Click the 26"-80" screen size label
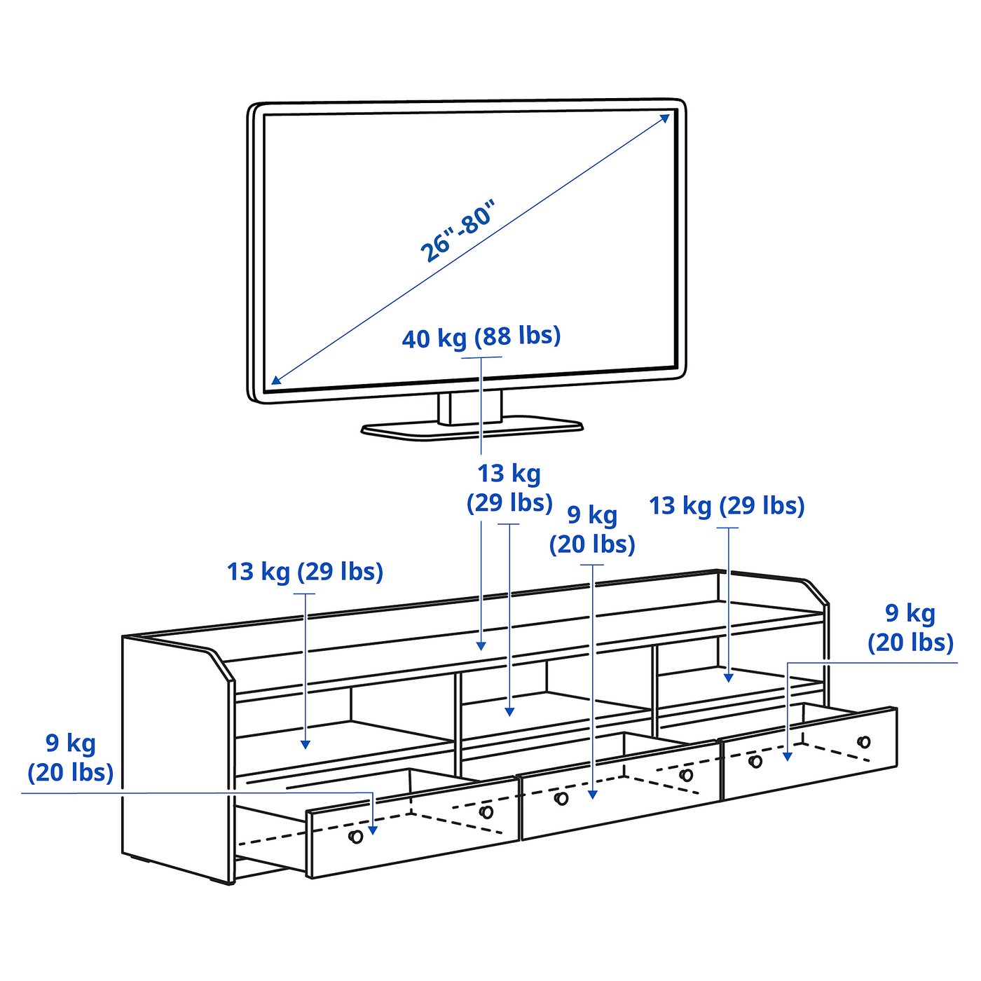pyautogui.click(x=458, y=231)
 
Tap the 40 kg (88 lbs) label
pyautogui.click(x=481, y=337)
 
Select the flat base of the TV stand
pyautogui.click(x=472, y=428)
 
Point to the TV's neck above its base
pyautogui.click(x=470, y=407)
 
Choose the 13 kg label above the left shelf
pyautogui.click(x=305, y=572)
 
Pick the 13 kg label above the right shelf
pyautogui.click(x=727, y=506)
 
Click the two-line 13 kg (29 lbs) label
pyautogui.click(x=509, y=488)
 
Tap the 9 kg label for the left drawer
pyautogui.click(x=70, y=757)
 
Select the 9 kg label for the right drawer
pyautogui.click(x=910, y=628)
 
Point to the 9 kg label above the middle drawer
pyautogui.click(x=592, y=530)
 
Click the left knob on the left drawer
pyautogui.click(x=356, y=837)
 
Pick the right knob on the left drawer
pyautogui.click(x=486, y=812)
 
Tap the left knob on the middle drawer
pyautogui.click(x=561, y=798)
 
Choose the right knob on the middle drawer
pyautogui.click(x=687, y=775)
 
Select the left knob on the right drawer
pyautogui.click(x=755, y=761)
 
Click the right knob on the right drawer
pyautogui.click(x=864, y=742)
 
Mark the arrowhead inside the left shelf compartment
pyautogui.click(x=306, y=744)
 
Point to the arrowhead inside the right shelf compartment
pyautogui.click(x=729, y=678)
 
